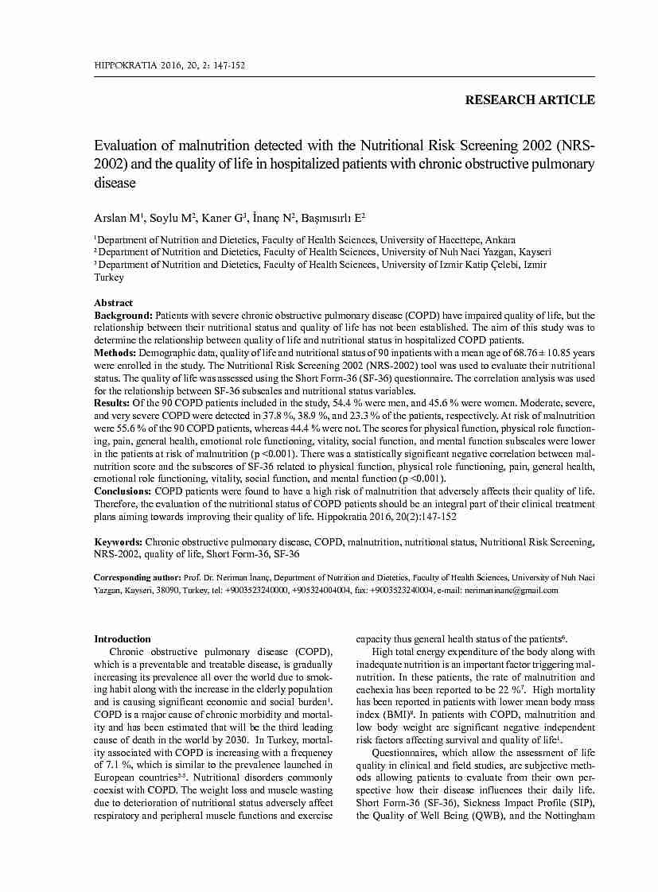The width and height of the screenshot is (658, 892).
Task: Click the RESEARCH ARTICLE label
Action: [529, 100]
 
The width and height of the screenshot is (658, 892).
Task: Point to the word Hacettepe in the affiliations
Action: [465, 239]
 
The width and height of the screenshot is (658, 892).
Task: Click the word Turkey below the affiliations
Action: [109, 277]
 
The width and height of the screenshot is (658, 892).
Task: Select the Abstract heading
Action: [114, 303]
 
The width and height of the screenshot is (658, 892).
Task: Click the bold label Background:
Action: [123, 316]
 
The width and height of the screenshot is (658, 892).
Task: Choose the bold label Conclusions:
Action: [123, 491]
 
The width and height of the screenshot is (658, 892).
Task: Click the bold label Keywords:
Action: [119, 542]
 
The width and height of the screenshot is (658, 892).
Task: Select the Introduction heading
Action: [123, 639]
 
